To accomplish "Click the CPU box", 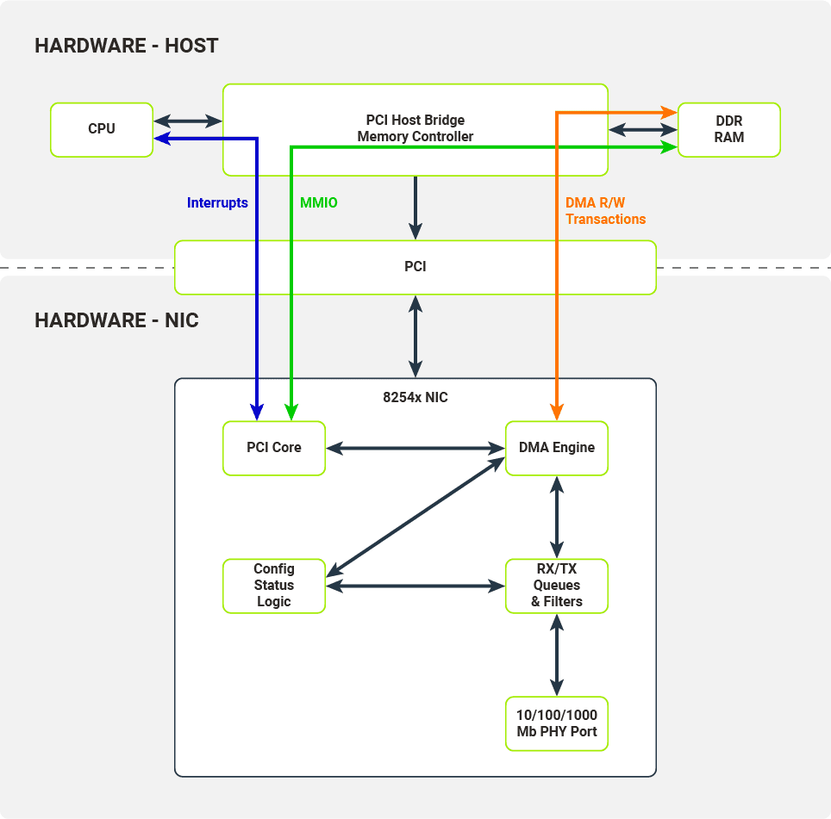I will click(x=102, y=129).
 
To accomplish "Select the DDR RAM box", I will click(x=728, y=129).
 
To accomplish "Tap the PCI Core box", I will click(x=274, y=447).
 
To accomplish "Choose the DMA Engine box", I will click(x=556, y=447).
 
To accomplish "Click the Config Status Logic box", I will click(x=274, y=586).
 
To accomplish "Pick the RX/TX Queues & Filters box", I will click(x=556, y=586).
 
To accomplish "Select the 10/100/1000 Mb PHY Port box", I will click(x=556, y=723).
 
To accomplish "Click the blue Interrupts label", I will click(x=217, y=203).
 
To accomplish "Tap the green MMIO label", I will click(x=319, y=203).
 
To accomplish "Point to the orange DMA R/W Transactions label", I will click(x=605, y=211).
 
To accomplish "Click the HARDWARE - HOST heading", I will click(x=127, y=46).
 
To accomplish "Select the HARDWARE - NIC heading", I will click(x=116, y=321).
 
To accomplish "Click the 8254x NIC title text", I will click(x=415, y=398).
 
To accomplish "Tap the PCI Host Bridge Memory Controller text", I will click(x=415, y=128).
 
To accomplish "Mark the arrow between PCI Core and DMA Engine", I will click(x=415, y=448).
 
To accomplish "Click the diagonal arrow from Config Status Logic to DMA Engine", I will click(x=415, y=517).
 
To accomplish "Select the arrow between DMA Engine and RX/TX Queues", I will click(x=557, y=517).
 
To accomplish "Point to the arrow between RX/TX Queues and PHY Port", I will click(x=557, y=655).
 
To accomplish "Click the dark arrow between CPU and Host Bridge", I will click(x=188, y=121).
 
